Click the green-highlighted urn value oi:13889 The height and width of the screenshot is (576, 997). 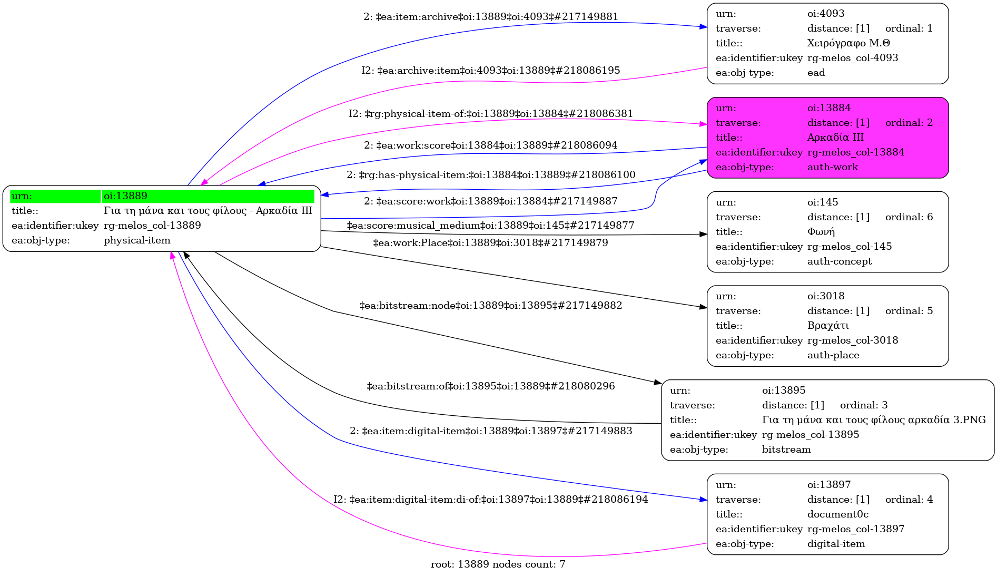(x=125, y=196)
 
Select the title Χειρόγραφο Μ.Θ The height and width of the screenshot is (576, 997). (x=848, y=43)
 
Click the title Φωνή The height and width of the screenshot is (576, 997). (x=821, y=232)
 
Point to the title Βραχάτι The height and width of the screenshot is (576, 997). (x=828, y=326)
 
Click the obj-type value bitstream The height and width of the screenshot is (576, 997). (x=786, y=450)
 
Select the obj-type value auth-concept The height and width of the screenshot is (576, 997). (x=839, y=261)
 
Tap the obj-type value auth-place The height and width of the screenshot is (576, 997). (x=833, y=355)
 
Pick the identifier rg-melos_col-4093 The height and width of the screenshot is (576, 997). (x=852, y=58)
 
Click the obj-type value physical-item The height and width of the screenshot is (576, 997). (x=137, y=240)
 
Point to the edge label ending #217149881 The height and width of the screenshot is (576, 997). (x=490, y=17)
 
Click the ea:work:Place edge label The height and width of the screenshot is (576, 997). (x=490, y=243)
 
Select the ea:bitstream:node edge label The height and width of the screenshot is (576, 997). (x=490, y=306)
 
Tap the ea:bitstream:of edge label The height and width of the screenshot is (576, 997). (x=490, y=386)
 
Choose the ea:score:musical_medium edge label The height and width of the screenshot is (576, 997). (x=490, y=226)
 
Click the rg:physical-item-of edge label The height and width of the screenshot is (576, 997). (x=490, y=114)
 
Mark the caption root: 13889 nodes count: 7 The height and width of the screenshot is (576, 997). (x=498, y=564)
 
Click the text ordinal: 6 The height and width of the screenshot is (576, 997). (x=909, y=217)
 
